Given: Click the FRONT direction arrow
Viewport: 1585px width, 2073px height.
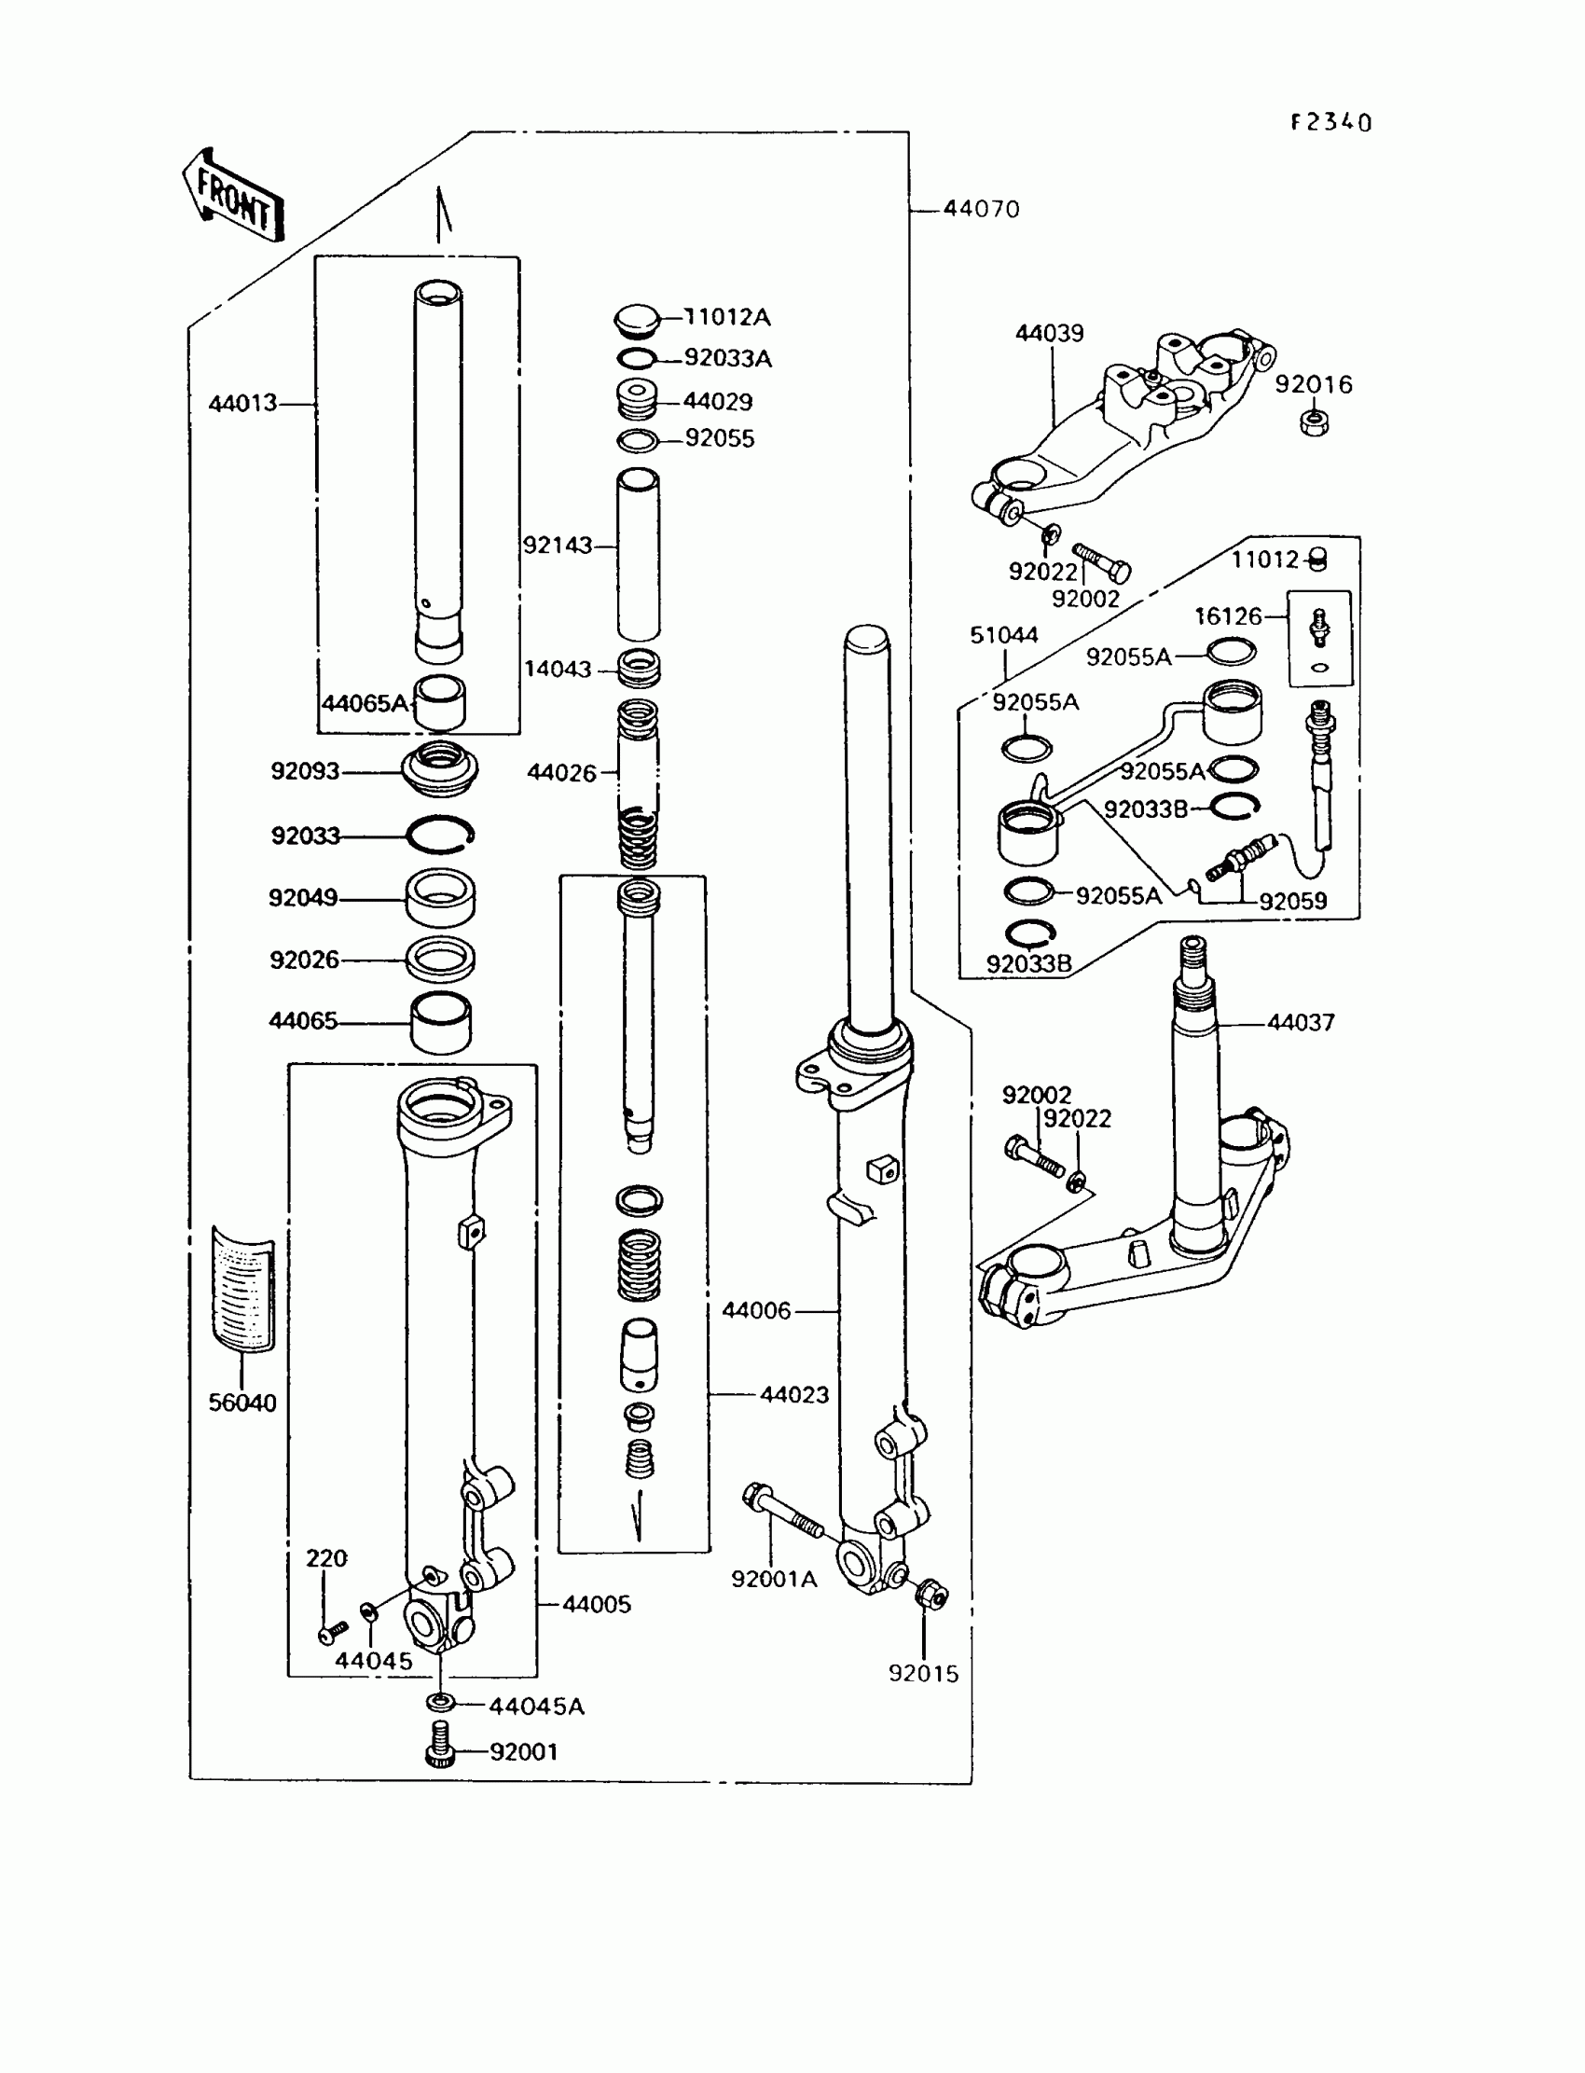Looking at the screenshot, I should [x=232, y=195].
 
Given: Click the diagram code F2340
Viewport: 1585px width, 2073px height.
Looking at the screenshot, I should [x=1331, y=123].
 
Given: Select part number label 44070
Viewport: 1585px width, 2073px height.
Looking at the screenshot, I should [x=981, y=209].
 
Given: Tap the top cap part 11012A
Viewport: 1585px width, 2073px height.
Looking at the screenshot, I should [x=636, y=320].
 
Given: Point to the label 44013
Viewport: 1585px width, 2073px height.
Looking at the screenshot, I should [x=242, y=404].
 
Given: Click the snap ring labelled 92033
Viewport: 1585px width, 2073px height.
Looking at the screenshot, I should [x=440, y=834].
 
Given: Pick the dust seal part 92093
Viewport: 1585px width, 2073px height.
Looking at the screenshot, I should [x=440, y=769].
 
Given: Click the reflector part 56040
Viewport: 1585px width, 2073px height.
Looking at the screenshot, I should [x=242, y=1289].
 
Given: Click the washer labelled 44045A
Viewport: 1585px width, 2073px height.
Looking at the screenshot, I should [x=440, y=1703].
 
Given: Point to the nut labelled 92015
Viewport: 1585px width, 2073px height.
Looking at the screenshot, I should [x=931, y=1595].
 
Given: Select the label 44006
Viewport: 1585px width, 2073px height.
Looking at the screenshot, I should [x=756, y=1310].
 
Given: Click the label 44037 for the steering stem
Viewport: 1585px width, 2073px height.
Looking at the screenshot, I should [x=1300, y=1022].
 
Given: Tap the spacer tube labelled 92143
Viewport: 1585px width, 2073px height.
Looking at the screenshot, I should [x=638, y=555].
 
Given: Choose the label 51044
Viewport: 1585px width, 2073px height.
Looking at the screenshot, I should [x=1004, y=635].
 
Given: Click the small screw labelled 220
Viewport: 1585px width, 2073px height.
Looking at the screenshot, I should [x=333, y=1630].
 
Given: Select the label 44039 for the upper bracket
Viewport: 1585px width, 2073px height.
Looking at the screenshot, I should [x=1049, y=333].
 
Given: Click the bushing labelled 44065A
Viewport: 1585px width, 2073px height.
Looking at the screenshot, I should [x=440, y=703].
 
